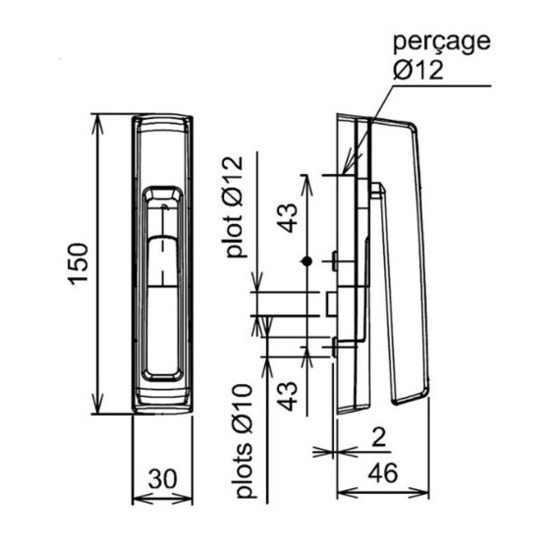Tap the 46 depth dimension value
coord(382,472)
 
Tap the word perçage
coord(441,41)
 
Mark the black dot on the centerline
coord(305,262)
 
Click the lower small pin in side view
coord(336,347)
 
